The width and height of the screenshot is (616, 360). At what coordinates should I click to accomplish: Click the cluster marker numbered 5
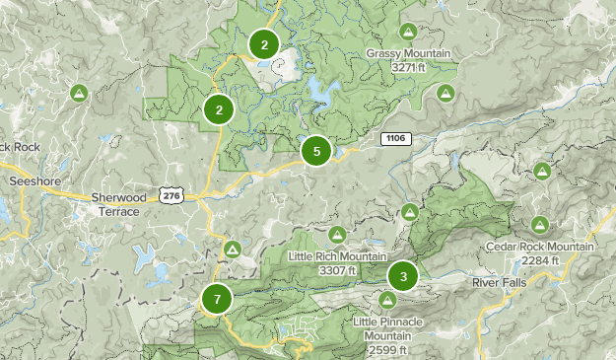(x=316, y=151)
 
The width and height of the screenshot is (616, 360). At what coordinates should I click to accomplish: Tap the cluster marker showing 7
(x=217, y=297)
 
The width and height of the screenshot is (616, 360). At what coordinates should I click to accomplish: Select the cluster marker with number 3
(x=402, y=275)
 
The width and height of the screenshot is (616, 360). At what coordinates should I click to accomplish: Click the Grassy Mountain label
(x=408, y=53)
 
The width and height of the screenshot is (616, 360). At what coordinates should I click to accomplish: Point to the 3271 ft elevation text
(x=408, y=67)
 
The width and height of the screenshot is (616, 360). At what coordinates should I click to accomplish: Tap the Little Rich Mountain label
(x=336, y=256)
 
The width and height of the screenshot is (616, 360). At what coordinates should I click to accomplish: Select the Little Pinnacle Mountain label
(x=388, y=328)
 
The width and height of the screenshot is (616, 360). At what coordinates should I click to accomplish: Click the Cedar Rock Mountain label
(x=540, y=247)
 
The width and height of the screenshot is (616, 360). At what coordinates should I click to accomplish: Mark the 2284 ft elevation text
(x=540, y=259)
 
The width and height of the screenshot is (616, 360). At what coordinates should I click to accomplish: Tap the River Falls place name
(x=499, y=282)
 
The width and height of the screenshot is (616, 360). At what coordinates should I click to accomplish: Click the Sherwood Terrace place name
(x=118, y=203)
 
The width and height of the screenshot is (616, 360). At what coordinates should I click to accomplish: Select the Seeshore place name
(x=34, y=181)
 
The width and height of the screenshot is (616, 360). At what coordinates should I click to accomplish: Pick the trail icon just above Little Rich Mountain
(x=336, y=235)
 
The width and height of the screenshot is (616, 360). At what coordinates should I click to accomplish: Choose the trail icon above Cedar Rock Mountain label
(x=540, y=225)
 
